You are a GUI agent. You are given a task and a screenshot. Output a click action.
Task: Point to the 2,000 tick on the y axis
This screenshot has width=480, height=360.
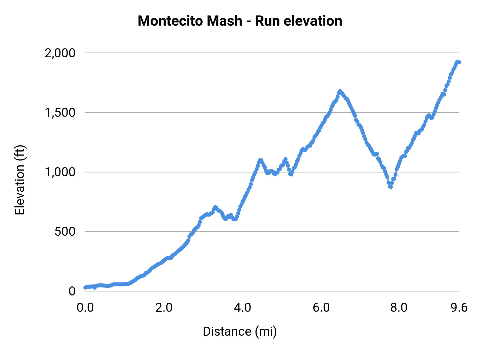click(60, 53)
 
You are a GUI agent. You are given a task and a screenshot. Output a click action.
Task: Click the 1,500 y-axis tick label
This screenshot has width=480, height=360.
click(60, 113)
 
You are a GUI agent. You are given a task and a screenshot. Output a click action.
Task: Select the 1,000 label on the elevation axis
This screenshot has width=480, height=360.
click(60, 172)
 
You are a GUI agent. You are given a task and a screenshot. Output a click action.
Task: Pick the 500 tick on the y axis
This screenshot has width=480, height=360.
click(65, 232)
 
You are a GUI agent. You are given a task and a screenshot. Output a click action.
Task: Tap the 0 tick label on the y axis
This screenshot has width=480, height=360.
click(72, 291)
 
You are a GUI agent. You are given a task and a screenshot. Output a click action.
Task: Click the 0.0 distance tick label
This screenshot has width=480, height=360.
click(85, 308)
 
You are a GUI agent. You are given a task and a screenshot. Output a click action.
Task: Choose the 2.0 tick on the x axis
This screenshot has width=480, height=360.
click(164, 308)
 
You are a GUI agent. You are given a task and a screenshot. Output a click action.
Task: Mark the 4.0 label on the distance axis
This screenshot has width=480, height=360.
click(242, 308)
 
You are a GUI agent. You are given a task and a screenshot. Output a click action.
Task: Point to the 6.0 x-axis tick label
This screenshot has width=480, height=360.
click(321, 308)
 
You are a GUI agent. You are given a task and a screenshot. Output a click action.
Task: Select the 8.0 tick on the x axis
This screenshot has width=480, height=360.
click(399, 308)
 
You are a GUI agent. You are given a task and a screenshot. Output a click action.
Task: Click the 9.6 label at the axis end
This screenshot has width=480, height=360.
click(459, 308)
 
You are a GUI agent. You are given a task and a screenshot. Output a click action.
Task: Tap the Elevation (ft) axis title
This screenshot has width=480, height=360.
click(20, 180)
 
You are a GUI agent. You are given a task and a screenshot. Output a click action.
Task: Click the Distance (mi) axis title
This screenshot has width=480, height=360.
click(240, 331)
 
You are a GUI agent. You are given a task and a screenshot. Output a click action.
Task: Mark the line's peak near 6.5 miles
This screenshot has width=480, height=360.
click(340, 91)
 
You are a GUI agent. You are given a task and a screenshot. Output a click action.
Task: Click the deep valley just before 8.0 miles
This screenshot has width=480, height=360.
click(390, 187)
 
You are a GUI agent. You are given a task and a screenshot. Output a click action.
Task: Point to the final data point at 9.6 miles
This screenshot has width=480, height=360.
click(459, 62)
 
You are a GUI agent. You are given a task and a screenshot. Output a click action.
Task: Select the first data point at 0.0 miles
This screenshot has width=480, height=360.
click(85, 287)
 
